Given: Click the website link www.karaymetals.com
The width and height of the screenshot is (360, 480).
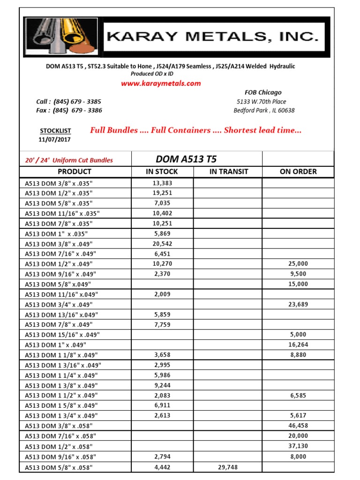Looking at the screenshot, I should [x=161, y=83].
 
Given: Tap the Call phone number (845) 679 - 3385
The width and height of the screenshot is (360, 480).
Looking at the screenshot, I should [x=77, y=101].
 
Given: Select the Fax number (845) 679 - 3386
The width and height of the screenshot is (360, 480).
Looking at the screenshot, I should [x=78, y=110].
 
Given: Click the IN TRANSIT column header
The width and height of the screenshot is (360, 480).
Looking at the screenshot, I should [x=228, y=172].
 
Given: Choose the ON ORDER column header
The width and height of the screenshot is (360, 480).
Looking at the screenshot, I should [x=298, y=172].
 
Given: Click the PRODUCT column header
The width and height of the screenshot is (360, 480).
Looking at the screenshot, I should [x=75, y=172].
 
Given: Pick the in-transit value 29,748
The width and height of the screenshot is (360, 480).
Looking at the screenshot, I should [x=228, y=467].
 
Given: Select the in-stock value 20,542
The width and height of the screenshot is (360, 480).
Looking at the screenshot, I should [x=162, y=244].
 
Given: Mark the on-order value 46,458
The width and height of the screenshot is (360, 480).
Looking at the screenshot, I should [x=298, y=426].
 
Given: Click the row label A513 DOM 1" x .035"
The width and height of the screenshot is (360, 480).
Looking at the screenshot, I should [x=56, y=233].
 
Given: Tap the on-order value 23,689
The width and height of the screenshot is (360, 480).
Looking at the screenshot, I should [x=298, y=305].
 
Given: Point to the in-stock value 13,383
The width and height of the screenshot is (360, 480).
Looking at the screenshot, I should [x=162, y=183].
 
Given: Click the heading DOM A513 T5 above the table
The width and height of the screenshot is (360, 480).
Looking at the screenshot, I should [x=186, y=159].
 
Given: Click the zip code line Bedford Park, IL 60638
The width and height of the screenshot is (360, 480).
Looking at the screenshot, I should [x=264, y=111].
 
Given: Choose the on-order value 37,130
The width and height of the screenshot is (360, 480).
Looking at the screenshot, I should [x=298, y=446].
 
